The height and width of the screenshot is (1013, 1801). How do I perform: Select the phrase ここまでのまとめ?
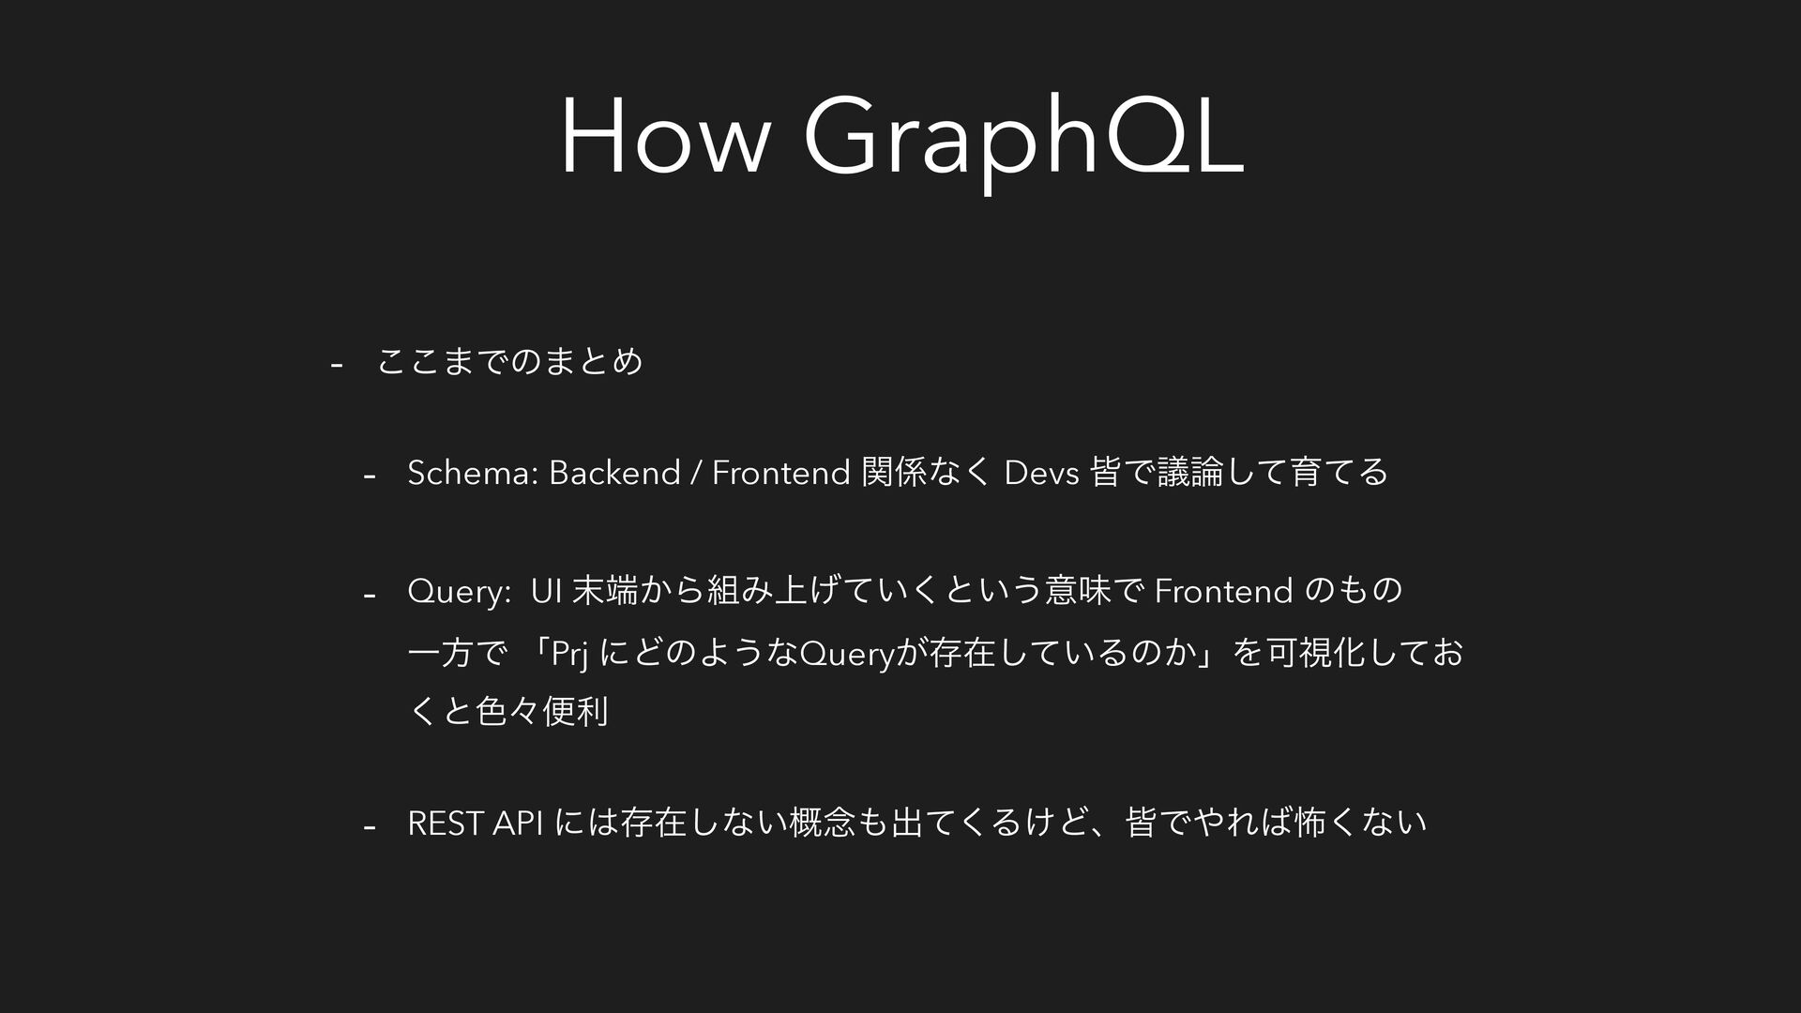click(x=509, y=361)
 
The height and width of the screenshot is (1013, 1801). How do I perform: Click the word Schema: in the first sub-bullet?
click(x=472, y=473)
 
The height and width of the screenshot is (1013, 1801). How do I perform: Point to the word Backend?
click(x=614, y=473)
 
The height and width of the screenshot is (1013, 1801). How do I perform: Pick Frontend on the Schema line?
click(x=780, y=473)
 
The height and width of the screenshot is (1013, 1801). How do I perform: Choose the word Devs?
click(x=1041, y=473)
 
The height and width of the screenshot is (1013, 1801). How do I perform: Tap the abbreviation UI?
click(x=546, y=592)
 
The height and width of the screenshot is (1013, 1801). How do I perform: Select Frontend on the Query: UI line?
click(x=1223, y=592)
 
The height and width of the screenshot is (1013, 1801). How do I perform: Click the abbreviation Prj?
click(x=569, y=654)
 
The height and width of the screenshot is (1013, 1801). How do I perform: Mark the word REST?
click(x=446, y=824)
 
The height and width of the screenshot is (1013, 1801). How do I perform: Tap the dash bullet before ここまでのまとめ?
click(x=337, y=364)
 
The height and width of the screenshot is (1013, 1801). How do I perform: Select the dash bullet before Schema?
click(x=370, y=476)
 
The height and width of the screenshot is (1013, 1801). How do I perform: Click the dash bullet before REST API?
click(x=370, y=827)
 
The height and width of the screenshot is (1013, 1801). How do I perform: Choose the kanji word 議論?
click(x=1192, y=472)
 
